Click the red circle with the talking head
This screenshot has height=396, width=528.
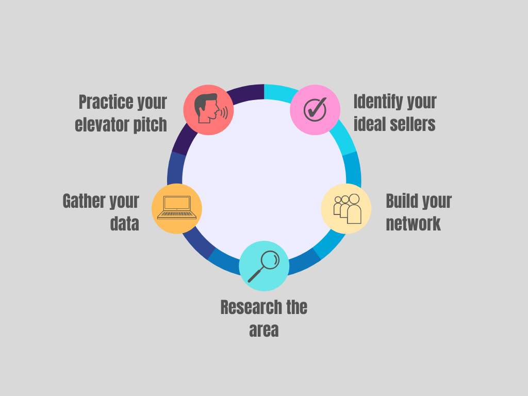pyautogui.click(x=208, y=110)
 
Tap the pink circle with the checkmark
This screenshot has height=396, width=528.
pyautogui.click(x=315, y=110)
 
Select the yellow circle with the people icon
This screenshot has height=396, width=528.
pyautogui.click(x=346, y=208)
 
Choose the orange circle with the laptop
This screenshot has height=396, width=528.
pyautogui.click(x=177, y=208)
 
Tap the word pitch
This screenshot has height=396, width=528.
pyautogui.click(x=152, y=124)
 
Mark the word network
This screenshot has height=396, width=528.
pyautogui.click(x=413, y=224)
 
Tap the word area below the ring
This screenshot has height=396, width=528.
pyautogui.click(x=263, y=329)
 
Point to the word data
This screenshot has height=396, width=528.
pyautogui.click(x=124, y=224)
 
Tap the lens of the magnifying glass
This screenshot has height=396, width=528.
pyautogui.click(x=270, y=259)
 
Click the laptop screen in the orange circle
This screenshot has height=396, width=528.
pyautogui.click(x=177, y=203)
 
